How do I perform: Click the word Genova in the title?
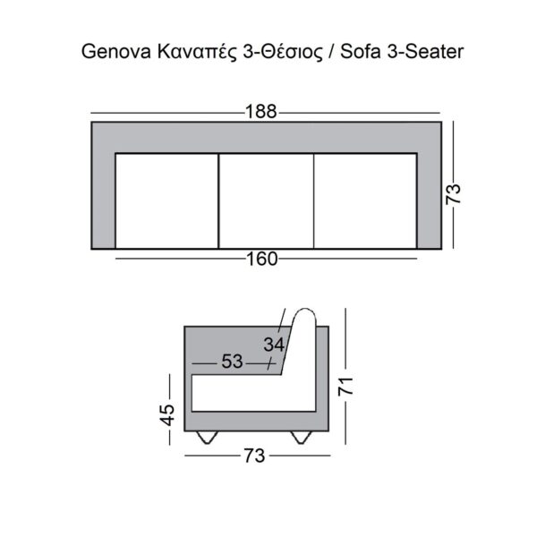pyautogui.click(x=110, y=53)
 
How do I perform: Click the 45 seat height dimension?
pyautogui.click(x=166, y=413)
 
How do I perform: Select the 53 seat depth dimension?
pyautogui.click(x=232, y=362)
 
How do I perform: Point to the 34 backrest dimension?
pyautogui.click(x=274, y=343)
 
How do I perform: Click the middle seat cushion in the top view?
pyautogui.click(x=267, y=200)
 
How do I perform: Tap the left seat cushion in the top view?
pyautogui.click(x=167, y=200)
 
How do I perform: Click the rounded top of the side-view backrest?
pyautogui.click(x=303, y=317)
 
